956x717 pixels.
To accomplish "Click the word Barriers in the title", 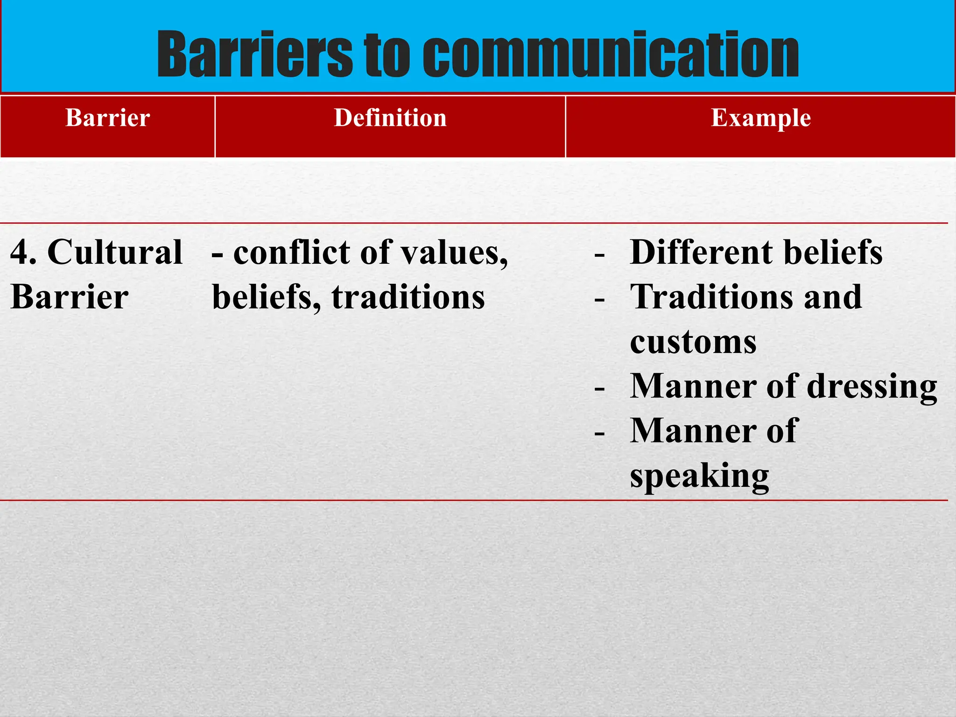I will [x=254, y=55].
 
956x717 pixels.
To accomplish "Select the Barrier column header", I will [x=108, y=118].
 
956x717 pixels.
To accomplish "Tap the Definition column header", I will [x=390, y=118].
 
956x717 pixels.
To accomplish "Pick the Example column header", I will [x=761, y=118].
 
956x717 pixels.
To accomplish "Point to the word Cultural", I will [x=115, y=253].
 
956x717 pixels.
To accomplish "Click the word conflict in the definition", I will [x=292, y=253].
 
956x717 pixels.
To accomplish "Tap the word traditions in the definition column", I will [x=408, y=297].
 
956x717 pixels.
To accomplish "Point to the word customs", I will [x=693, y=342].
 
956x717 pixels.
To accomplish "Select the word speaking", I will [x=699, y=477].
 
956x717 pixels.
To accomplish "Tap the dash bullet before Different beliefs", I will [x=600, y=255].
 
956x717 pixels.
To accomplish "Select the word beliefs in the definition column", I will [x=266, y=297].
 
